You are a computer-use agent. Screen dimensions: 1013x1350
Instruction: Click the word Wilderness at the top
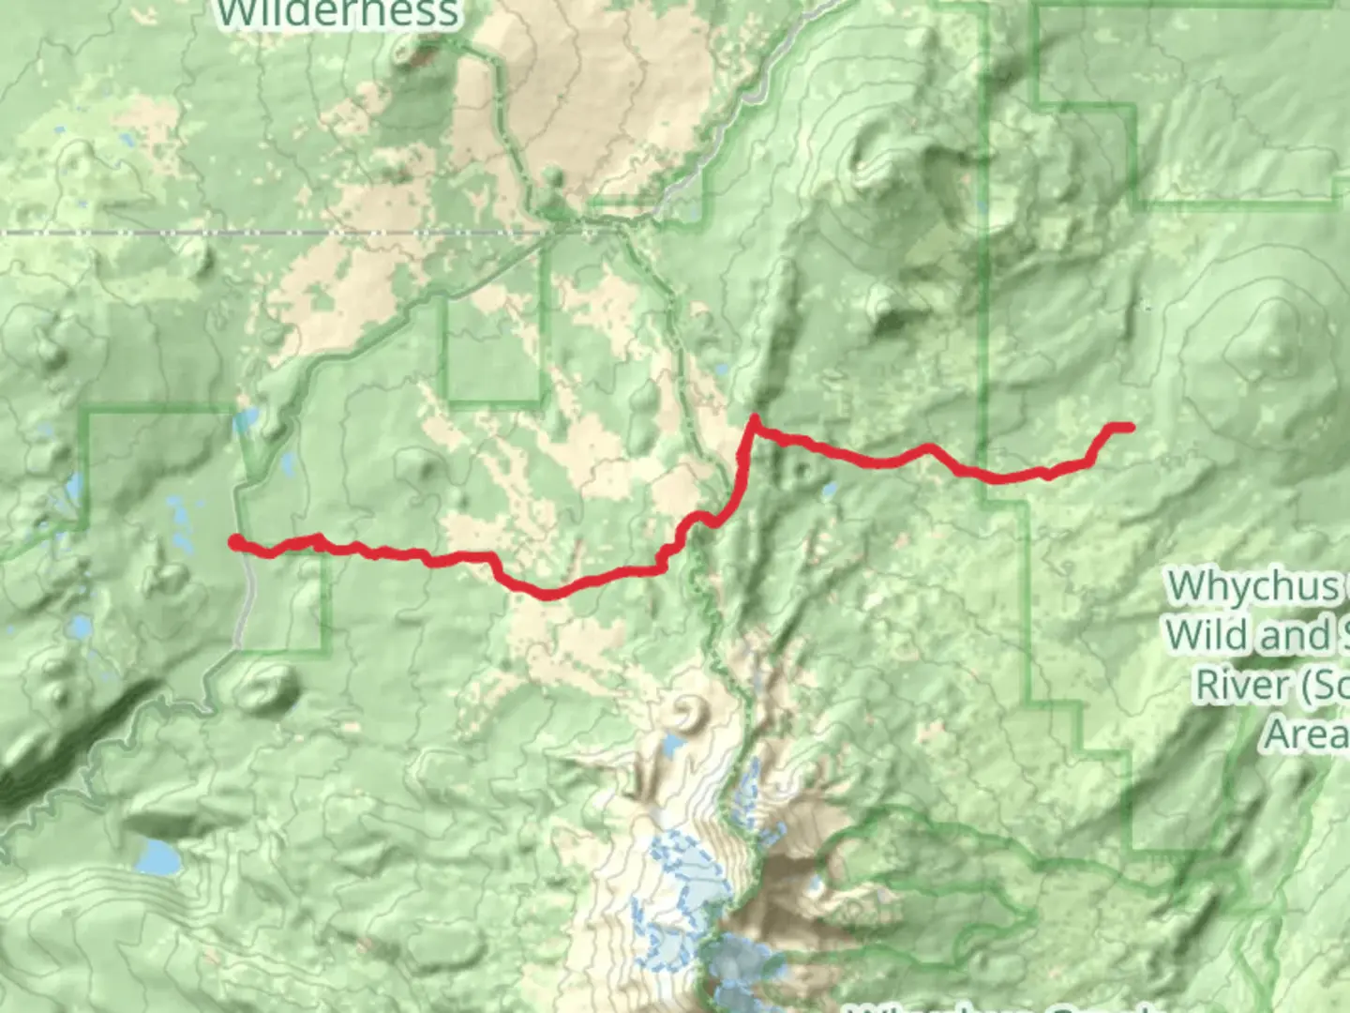pos(337,13)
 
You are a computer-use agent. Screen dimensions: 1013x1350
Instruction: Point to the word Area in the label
pos(1305,733)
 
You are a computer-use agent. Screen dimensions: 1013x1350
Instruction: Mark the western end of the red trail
pos(235,540)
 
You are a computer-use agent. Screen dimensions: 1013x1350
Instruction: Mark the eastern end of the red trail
pos(1130,428)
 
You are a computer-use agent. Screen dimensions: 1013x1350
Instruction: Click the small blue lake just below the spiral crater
pos(672,747)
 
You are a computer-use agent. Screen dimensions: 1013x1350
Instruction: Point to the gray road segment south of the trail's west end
pos(246,610)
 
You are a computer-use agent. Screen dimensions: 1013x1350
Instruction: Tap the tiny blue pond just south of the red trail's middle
pos(829,490)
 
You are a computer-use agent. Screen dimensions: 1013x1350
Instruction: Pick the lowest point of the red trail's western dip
pos(548,595)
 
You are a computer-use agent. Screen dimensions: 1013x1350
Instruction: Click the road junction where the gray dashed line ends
pos(553,228)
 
